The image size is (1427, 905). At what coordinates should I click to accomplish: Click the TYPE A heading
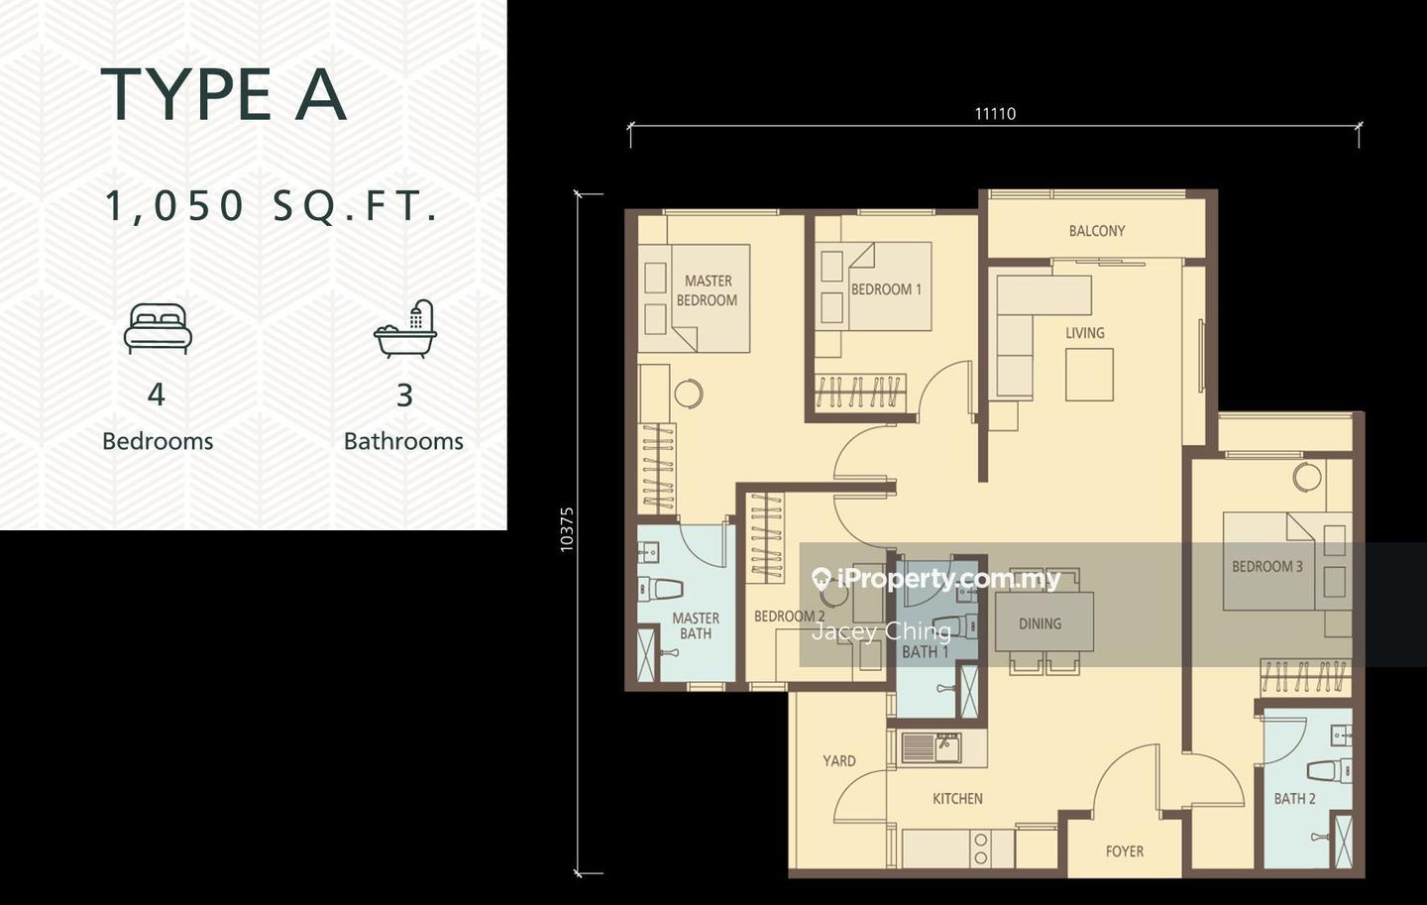[x=224, y=94]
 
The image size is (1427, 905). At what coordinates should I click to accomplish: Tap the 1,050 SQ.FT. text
[x=272, y=206]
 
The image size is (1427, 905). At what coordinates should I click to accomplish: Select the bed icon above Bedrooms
[x=158, y=328]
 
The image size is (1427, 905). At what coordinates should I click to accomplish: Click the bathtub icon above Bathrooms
[x=406, y=329]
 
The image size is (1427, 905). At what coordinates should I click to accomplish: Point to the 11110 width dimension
[x=995, y=114]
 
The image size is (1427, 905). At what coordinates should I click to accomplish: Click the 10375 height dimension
[x=567, y=529]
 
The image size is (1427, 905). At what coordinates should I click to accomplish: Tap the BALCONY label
[x=1097, y=231]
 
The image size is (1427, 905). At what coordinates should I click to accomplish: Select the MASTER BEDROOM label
[x=708, y=290]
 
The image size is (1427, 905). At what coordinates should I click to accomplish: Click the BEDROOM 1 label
[x=886, y=289]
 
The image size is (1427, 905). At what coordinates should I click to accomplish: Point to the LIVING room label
[x=1085, y=333]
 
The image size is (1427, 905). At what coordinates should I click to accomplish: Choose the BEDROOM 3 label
[x=1267, y=566]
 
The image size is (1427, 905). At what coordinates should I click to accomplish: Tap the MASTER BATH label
[x=696, y=625]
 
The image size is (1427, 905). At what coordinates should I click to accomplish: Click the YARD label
[x=839, y=761]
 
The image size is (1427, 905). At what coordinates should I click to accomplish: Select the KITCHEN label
[x=957, y=799]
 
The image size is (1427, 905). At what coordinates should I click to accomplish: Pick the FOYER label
[x=1125, y=851]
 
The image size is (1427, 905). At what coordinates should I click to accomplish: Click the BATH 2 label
[x=1294, y=799]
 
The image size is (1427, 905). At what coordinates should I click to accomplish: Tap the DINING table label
[x=1041, y=623]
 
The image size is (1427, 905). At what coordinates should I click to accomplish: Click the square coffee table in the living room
[x=1089, y=375]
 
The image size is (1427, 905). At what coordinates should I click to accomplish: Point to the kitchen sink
[x=932, y=747]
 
